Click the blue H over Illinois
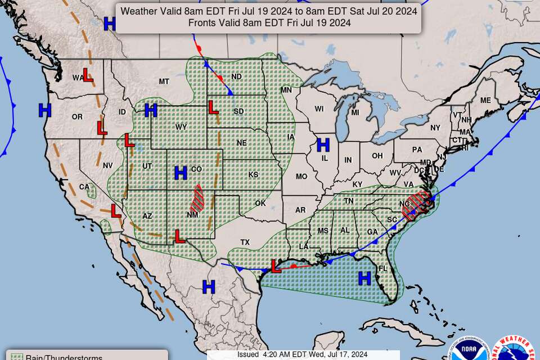click(323, 145)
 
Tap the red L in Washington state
click(88, 75)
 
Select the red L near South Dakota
click(213, 106)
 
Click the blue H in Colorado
click(181, 172)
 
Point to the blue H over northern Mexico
click(209, 287)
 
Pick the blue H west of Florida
click(364, 278)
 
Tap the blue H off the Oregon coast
click(44, 110)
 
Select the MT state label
click(164, 82)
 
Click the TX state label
click(245, 242)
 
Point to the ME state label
click(485, 100)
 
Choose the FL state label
click(382, 268)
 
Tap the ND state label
click(236, 76)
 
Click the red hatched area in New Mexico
click(197, 197)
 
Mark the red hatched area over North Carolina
click(417, 204)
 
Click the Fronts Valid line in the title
click(269, 22)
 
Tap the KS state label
click(253, 175)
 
